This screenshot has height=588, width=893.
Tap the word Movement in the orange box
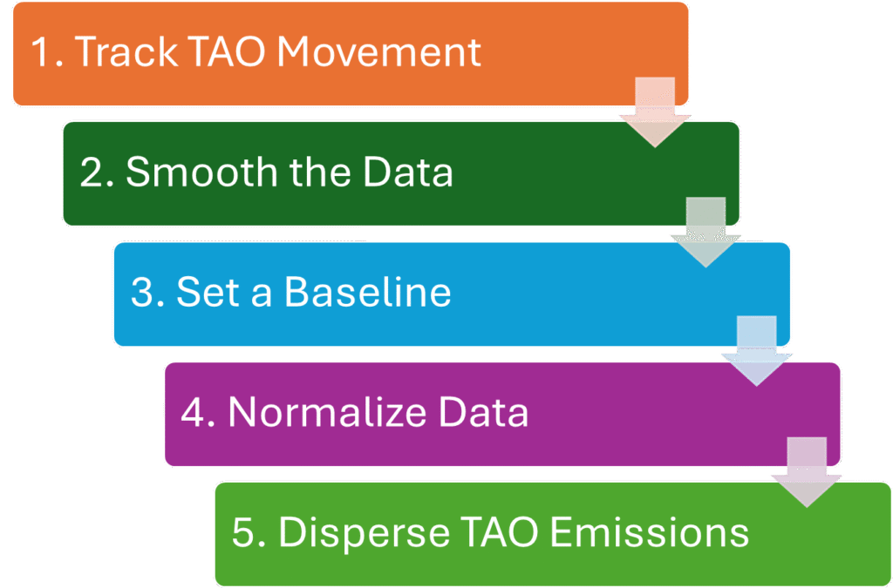click(378, 52)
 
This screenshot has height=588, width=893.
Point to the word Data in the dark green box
click(408, 172)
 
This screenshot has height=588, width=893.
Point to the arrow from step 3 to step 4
click(756, 353)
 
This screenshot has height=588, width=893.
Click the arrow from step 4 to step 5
click(807, 473)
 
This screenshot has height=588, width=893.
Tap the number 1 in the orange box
click(40, 52)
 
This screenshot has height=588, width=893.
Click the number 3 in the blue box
click(140, 293)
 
